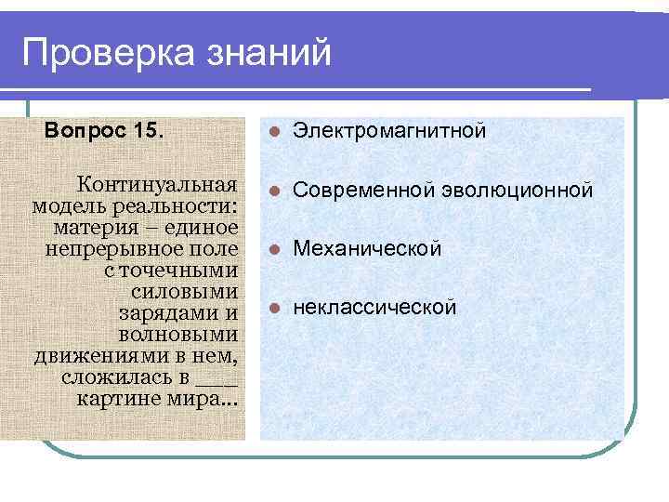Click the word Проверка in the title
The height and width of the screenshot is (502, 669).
[x=105, y=53]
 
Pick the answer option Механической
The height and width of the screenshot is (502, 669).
[x=367, y=249]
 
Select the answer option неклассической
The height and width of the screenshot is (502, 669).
[x=374, y=307]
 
